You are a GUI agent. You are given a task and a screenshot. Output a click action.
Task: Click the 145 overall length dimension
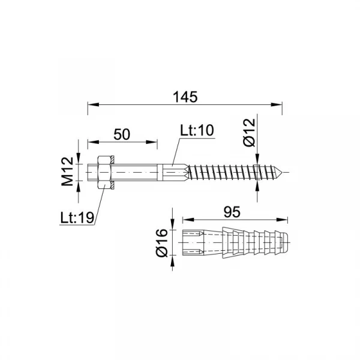point(185,97)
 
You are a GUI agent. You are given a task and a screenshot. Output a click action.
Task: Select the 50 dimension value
point(122,134)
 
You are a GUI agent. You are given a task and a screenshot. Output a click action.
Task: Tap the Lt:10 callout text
point(197,130)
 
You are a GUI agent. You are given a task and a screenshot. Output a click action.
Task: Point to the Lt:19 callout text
point(77,217)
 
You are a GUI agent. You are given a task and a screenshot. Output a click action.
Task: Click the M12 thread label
point(67,171)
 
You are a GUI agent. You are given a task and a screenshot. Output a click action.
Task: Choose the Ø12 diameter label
point(250,133)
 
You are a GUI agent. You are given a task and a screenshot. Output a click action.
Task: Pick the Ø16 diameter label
point(161,242)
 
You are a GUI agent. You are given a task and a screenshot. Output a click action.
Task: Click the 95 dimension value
point(232,212)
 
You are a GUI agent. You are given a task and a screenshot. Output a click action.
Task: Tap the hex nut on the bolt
point(104,172)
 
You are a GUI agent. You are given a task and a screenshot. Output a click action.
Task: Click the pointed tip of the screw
point(281,172)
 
